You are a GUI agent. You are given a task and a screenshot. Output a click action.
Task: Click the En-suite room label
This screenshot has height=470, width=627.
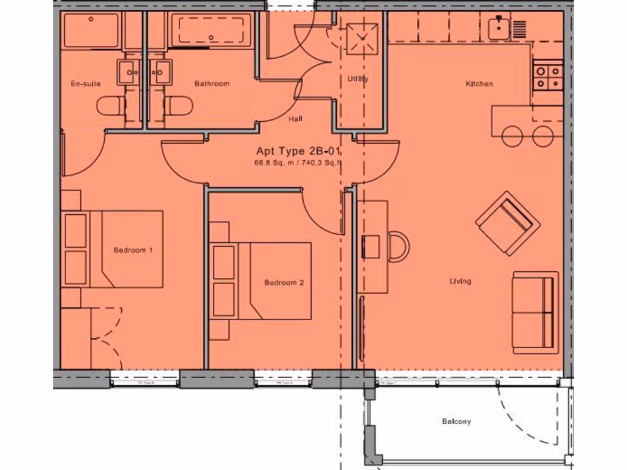[x=86, y=83]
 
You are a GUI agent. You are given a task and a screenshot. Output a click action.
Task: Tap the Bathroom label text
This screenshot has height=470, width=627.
[x=212, y=83]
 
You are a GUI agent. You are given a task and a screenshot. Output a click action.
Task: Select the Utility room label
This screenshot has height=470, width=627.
[x=358, y=78]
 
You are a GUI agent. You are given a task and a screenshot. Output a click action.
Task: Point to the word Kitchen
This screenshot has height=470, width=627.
[x=479, y=83]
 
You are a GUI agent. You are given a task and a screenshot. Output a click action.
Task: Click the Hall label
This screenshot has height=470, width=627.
[x=295, y=119]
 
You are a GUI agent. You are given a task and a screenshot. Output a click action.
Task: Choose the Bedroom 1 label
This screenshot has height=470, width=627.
[x=133, y=250]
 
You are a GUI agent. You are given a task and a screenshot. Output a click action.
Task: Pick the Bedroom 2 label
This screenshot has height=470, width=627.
[x=283, y=283]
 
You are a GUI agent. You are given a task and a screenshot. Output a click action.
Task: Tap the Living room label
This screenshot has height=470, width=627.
[x=460, y=282]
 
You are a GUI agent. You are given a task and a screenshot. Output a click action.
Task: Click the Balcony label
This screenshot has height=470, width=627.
[x=456, y=422]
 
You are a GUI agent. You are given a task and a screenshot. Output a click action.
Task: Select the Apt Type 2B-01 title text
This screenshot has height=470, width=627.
[x=298, y=151]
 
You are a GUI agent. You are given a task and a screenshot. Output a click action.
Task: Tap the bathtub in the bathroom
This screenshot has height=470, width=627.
[x=211, y=31]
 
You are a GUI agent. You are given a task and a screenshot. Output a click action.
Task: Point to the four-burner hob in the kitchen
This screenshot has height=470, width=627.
[x=547, y=77]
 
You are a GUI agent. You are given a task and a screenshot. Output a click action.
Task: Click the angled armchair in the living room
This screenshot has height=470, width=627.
[x=508, y=222]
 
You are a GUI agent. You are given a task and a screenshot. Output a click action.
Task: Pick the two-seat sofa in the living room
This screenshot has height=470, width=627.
[x=536, y=311]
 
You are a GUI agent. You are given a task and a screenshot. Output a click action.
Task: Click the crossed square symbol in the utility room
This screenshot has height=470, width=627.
[x=363, y=39]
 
